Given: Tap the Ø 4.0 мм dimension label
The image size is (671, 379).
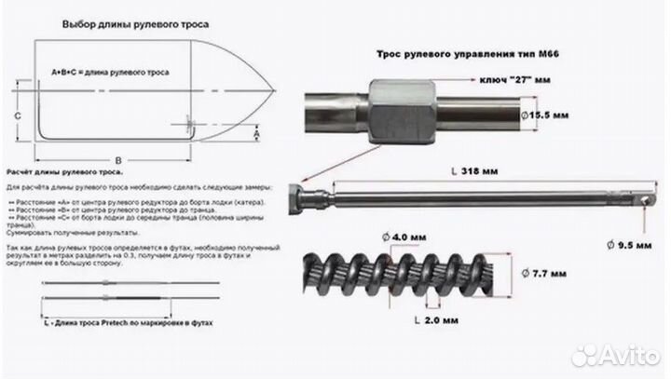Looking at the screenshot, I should point(392,237).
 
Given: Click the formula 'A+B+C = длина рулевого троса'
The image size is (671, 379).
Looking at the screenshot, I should point(109,72).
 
